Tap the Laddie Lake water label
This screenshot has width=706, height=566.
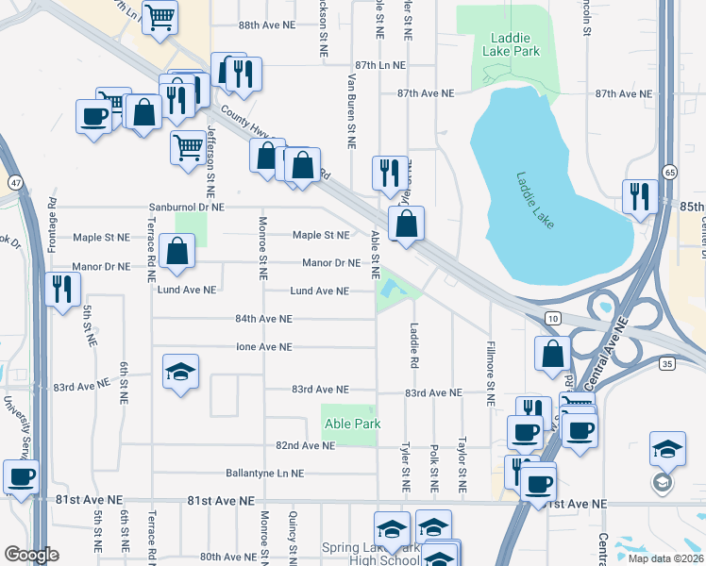[536, 200]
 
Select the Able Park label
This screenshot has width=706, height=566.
[353, 424]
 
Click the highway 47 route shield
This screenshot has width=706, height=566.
[16, 180]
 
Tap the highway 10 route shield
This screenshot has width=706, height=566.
[554, 320]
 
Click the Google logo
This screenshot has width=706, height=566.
[31, 555]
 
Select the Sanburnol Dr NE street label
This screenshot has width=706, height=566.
[186, 207]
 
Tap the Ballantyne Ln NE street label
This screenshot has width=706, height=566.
[264, 473]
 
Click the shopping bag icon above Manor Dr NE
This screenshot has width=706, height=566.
[176, 251]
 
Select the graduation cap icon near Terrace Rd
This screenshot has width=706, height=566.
[180, 372]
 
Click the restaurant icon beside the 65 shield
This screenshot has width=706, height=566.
[640, 196]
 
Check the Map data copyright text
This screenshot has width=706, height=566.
[666, 558]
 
